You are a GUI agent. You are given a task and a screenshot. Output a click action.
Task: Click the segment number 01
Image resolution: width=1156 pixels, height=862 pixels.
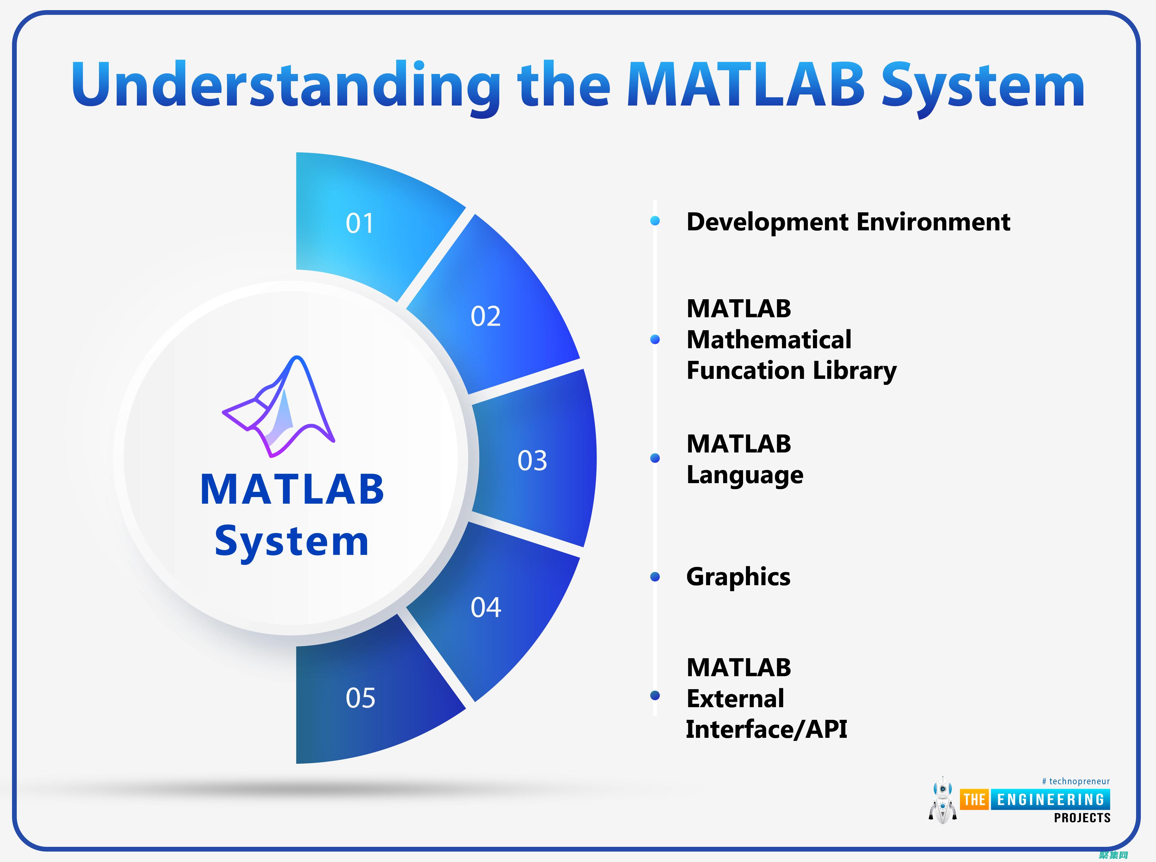pos(360,223)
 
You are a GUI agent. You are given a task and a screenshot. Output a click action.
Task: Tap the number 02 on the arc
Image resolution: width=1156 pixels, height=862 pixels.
pos(486,316)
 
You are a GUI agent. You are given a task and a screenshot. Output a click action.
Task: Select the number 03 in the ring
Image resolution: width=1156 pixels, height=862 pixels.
pos(532,461)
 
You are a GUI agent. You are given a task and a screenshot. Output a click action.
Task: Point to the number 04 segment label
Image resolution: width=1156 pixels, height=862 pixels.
pos(486,607)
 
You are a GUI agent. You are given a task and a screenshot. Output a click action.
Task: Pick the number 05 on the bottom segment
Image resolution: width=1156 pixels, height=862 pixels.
pos(360,698)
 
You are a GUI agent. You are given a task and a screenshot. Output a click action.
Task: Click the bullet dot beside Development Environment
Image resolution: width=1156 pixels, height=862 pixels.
pos(655,221)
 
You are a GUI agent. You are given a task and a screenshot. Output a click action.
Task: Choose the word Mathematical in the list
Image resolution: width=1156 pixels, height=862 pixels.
pos(769,340)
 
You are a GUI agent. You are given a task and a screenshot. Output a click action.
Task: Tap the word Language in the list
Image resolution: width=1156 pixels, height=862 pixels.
pos(745,475)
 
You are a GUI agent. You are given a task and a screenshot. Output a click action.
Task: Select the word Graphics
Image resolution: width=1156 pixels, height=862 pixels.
pos(738,577)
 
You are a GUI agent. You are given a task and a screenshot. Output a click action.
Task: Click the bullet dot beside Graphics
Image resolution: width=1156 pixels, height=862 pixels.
pos(655,577)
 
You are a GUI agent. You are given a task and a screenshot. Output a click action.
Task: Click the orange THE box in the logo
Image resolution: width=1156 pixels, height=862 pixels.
pos(974,799)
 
